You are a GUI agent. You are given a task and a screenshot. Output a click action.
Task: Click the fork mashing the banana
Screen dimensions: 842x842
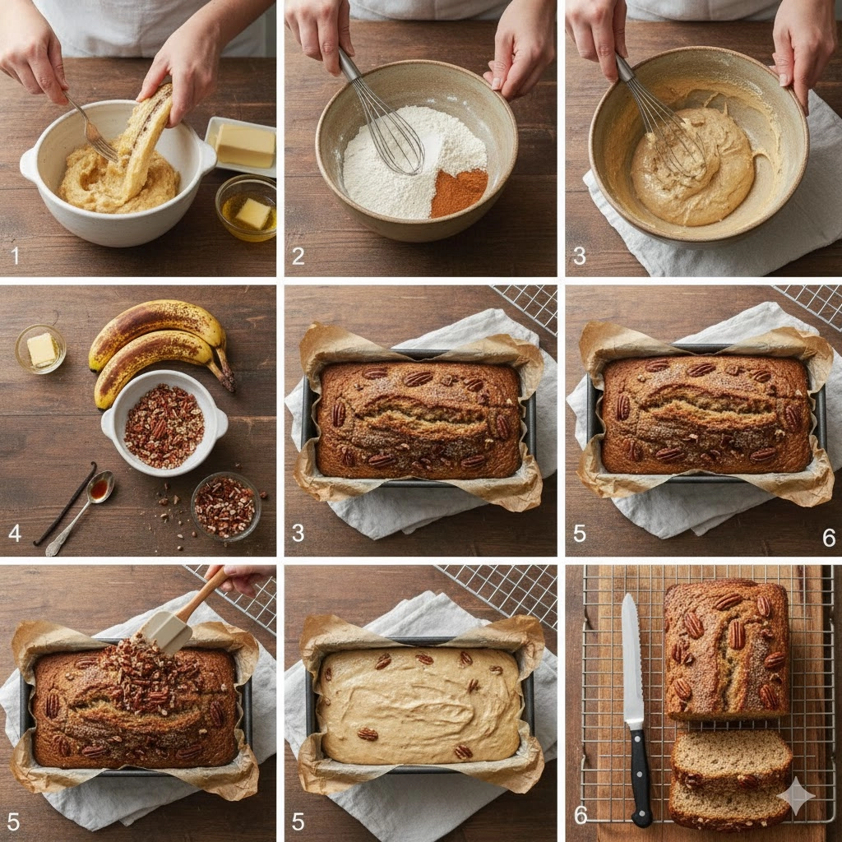(x=92, y=129)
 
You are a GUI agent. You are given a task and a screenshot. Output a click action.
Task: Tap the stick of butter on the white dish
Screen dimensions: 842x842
(x=245, y=145)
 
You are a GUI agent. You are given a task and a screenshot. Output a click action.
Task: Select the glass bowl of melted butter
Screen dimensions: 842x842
(x=247, y=207)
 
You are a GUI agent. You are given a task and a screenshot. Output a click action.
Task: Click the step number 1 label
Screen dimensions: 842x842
(x=15, y=256)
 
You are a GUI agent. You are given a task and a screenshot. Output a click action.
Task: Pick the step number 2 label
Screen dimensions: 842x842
(x=298, y=257)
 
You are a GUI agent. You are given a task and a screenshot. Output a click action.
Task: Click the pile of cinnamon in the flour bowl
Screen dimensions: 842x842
(x=458, y=192)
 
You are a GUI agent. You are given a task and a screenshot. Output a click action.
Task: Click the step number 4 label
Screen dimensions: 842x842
(x=15, y=533)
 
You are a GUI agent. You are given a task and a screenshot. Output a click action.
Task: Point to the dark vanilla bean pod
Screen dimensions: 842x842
(x=65, y=504)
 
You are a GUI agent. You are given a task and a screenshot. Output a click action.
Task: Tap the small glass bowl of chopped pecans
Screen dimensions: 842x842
(x=226, y=507)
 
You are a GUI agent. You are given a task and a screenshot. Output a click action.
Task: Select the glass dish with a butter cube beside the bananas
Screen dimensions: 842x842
(x=41, y=349)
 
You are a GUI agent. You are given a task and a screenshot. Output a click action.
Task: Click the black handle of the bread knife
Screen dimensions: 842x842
(x=641, y=778)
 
